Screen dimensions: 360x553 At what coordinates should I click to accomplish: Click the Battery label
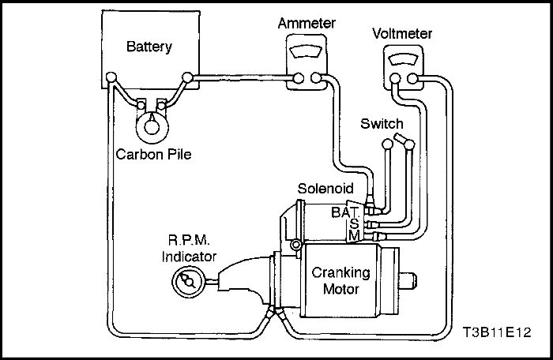click(149, 47)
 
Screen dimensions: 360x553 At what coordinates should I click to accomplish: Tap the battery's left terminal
click(112, 77)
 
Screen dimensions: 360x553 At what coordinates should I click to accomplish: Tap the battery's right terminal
click(187, 77)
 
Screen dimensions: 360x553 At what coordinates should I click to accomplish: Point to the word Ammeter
click(305, 24)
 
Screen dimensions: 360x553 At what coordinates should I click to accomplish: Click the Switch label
click(382, 124)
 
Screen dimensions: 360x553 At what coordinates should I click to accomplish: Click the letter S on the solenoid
click(354, 223)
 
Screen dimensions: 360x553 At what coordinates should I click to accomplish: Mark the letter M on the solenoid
click(355, 236)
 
